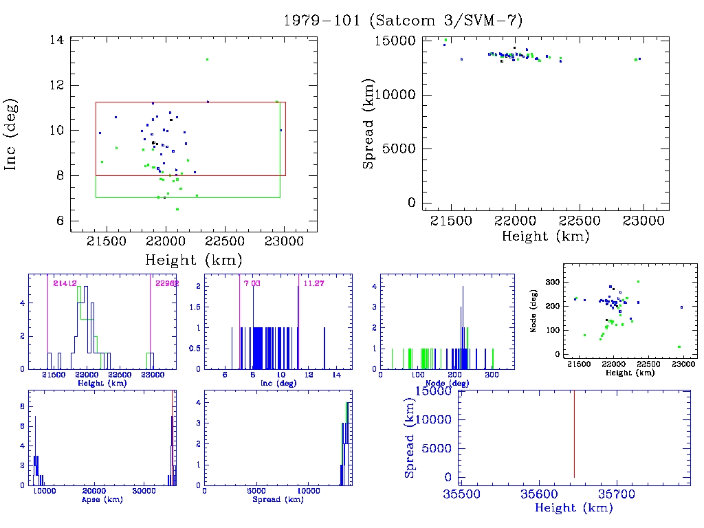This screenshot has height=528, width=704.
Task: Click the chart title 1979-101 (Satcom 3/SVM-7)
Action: tap(408, 20)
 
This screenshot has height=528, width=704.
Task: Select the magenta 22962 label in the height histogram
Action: tap(166, 283)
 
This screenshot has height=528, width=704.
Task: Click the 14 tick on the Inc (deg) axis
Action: tap(57, 40)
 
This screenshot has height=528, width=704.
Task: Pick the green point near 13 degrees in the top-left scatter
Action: tap(207, 59)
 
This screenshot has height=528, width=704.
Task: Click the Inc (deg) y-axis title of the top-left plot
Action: tap(12, 134)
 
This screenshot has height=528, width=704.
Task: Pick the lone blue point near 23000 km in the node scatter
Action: tap(681, 307)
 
